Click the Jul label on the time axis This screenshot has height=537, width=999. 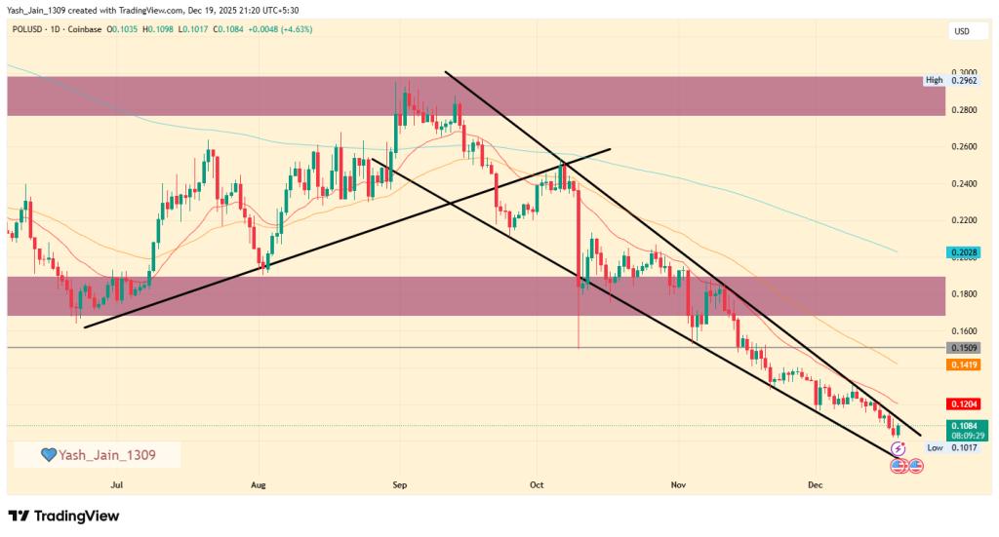pyautogui.click(x=118, y=483)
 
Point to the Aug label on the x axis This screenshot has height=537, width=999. pyautogui.click(x=259, y=483)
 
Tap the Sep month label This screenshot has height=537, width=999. pyautogui.click(x=399, y=483)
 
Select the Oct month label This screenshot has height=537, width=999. pyautogui.click(x=535, y=483)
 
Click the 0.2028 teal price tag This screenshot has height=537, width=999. pyautogui.click(x=963, y=252)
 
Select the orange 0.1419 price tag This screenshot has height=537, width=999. pyautogui.click(x=963, y=364)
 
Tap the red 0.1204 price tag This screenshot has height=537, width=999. pyautogui.click(x=963, y=403)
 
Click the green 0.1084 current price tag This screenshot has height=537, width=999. pyautogui.click(x=963, y=427)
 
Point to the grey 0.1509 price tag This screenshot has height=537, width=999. pyautogui.click(x=963, y=348)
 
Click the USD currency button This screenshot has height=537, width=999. pyautogui.click(x=961, y=32)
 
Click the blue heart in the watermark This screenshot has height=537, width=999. pyautogui.click(x=48, y=454)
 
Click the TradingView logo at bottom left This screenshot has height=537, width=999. pyautogui.click(x=67, y=516)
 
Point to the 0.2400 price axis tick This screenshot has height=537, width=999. pyautogui.click(x=963, y=184)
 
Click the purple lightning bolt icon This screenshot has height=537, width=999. pyautogui.click(x=899, y=447)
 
